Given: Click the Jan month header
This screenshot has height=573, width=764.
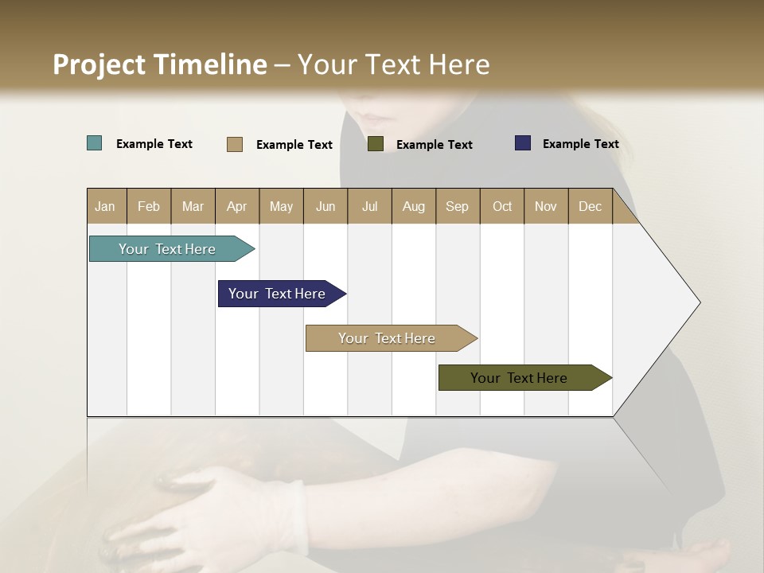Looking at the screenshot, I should click(105, 206).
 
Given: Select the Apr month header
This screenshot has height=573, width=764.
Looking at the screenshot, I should click(236, 206).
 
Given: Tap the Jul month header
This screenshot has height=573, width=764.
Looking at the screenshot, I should click(369, 206).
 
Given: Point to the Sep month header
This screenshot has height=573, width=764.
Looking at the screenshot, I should click(457, 206).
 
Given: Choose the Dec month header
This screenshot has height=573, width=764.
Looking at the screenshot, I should click(590, 206).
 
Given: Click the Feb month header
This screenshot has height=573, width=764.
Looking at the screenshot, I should click(149, 206).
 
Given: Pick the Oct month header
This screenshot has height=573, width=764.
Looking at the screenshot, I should click(502, 206).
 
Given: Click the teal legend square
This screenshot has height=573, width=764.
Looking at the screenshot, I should click(95, 143).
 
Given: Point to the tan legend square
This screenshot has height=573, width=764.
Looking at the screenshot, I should click(234, 144).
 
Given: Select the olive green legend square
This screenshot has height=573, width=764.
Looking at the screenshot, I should click(376, 144).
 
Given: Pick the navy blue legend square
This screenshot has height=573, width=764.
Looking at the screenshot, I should click(522, 143).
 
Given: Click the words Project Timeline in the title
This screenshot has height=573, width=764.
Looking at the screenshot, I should click(160, 64).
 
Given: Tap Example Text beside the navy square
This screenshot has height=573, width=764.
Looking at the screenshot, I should click(580, 144).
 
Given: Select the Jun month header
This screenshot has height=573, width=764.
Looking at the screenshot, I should click(325, 206).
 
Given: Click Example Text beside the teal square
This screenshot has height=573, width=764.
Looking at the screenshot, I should click(154, 144).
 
